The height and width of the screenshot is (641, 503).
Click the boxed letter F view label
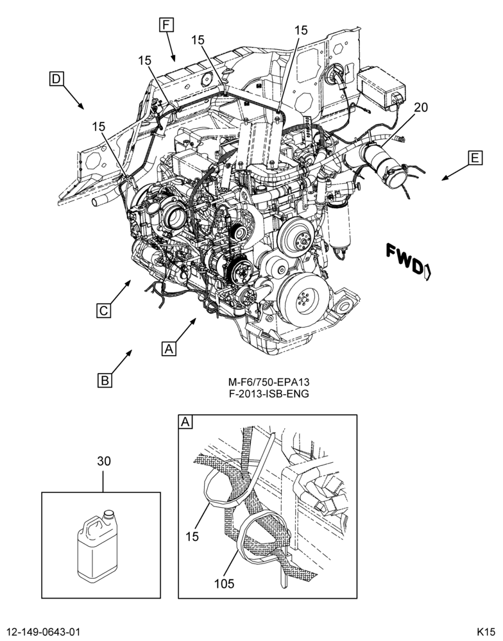click(x=166, y=25)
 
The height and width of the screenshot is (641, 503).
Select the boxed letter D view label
click(x=56, y=78)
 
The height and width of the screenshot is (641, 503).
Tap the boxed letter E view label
click(x=475, y=158)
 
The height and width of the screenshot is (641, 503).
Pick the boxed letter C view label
click(x=104, y=311)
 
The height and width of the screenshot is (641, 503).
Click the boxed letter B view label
click(x=105, y=380)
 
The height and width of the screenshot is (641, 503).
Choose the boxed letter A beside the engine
click(x=169, y=349)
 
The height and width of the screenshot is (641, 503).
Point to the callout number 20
click(x=420, y=107)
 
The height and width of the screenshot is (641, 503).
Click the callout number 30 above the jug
click(x=103, y=461)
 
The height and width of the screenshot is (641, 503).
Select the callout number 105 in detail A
click(x=225, y=584)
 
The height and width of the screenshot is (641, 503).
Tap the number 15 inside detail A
click(x=192, y=537)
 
